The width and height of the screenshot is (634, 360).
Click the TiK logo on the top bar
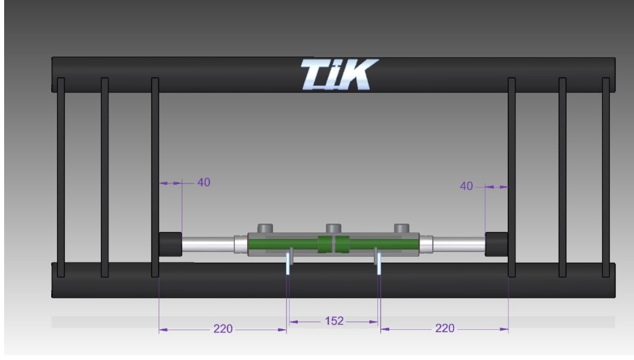coord(339,74)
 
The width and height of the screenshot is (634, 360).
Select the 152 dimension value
coord(334,321)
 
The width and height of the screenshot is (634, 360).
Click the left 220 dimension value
coord(223,329)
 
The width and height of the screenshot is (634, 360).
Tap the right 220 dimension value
coord(445,328)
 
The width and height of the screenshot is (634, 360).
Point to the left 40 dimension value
coord(204,182)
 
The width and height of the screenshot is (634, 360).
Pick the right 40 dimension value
coord(466,186)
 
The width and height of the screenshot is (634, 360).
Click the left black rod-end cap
coord(170,244)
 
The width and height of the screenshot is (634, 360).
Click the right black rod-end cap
coord(497,244)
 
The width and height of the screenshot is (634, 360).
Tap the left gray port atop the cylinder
coord(265,228)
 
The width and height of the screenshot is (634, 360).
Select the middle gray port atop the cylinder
coord(334,228)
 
